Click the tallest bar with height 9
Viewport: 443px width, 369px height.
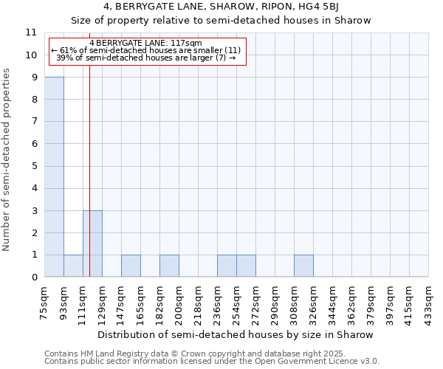tap(54, 177)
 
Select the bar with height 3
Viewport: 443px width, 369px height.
tap(92, 244)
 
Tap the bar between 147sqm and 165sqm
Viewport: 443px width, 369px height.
tap(131, 266)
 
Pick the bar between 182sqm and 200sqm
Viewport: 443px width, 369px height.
tap(169, 266)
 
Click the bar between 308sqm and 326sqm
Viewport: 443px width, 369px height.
tap(303, 266)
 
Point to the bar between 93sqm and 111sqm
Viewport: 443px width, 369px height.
tap(73, 266)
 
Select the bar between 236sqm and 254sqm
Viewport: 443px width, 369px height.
tap(227, 266)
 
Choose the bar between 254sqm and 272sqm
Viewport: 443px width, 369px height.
tap(246, 266)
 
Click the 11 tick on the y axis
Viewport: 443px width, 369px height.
tap(31, 33)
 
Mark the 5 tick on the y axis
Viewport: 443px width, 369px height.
tap(34, 166)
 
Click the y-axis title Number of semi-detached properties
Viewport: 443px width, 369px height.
tap(7, 159)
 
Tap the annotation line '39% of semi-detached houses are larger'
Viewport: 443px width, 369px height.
tap(145, 58)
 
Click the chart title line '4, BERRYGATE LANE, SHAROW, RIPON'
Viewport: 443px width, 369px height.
tap(221, 7)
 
